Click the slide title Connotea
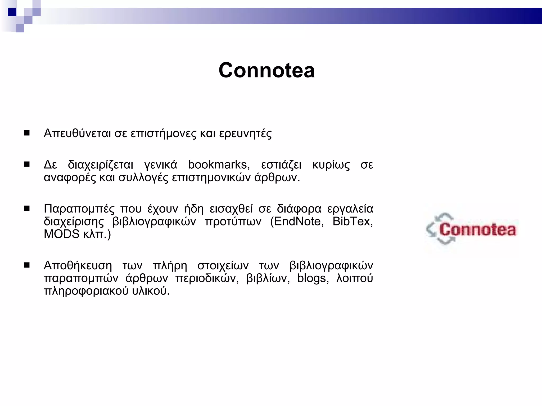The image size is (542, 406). pyautogui.click(x=267, y=70)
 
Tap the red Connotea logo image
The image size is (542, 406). pyautogui.click(x=471, y=229)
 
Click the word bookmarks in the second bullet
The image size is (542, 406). pyautogui.click(x=219, y=165)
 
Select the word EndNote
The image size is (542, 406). pyautogui.click(x=299, y=221)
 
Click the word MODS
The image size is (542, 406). pyautogui.click(x=61, y=234)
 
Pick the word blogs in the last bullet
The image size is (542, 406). pyautogui.click(x=313, y=278)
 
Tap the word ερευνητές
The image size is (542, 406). pyautogui.click(x=245, y=134)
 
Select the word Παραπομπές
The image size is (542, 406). pyautogui.click(x=79, y=209)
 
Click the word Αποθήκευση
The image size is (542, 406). pyautogui.click(x=78, y=265)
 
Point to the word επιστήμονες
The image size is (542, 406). pyautogui.click(x=164, y=134)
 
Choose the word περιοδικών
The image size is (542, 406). pyautogui.click(x=207, y=278)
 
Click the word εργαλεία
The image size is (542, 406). pyautogui.click(x=350, y=209)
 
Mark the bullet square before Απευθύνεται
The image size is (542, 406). pyautogui.click(x=27, y=133)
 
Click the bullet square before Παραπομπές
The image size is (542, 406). pyautogui.click(x=27, y=209)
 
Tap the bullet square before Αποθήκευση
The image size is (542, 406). pyautogui.click(x=27, y=265)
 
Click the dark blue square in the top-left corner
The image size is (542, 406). pyautogui.click(x=12, y=12)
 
